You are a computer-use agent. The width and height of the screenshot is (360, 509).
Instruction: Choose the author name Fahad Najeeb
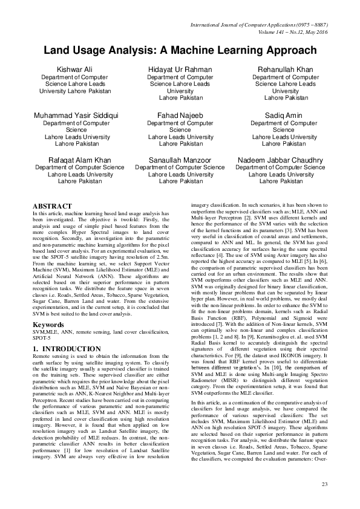[180, 115]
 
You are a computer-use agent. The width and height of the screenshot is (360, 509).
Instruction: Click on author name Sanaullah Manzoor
[180, 160]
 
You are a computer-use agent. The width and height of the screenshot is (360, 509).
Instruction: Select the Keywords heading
[48, 325]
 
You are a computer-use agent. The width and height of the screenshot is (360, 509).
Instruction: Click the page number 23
[324, 484]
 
